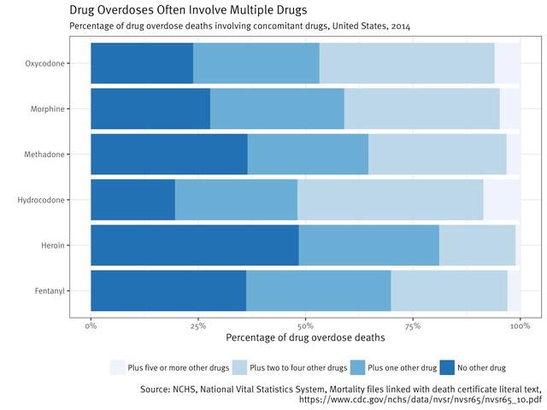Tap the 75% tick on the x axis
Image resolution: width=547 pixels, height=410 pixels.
(x=413, y=325)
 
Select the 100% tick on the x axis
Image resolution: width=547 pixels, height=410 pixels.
(x=520, y=325)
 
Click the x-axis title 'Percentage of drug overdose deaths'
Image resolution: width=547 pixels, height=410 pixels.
(x=305, y=338)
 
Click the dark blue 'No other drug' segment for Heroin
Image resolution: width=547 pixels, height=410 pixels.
(x=195, y=245)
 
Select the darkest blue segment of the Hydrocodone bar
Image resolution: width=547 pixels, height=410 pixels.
(x=132, y=200)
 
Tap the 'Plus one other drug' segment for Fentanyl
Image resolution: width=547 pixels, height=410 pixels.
(x=318, y=290)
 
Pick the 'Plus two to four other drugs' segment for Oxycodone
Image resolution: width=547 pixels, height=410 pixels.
(x=407, y=63)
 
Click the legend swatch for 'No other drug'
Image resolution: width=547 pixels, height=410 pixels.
(x=446, y=367)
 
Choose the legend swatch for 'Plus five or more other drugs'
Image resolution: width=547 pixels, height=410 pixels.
(x=117, y=367)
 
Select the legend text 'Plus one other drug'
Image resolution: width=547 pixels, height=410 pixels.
(x=402, y=368)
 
